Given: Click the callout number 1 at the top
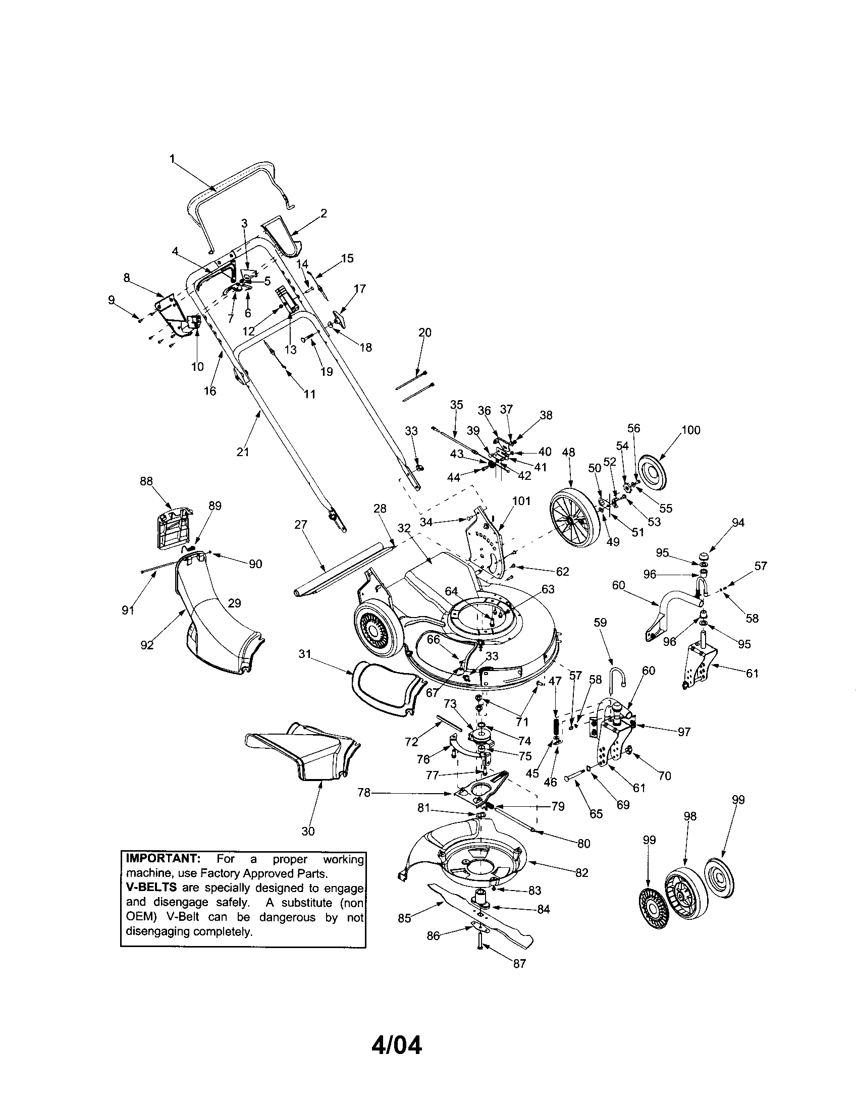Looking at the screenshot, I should tap(172, 159).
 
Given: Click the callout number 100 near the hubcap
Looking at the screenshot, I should tap(690, 430).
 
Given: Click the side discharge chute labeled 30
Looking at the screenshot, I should tap(300, 757).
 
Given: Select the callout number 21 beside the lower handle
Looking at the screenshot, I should tap(243, 452).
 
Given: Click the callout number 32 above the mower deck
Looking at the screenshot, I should tap(404, 528).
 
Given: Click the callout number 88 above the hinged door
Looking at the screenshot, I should tap(146, 481).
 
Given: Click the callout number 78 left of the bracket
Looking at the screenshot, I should tap(364, 792).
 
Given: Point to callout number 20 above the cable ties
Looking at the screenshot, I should tap(424, 332).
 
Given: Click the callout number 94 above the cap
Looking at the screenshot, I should tap(737, 523).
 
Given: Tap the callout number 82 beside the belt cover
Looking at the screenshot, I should tap(581, 872).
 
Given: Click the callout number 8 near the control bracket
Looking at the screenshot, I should tap(127, 277).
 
